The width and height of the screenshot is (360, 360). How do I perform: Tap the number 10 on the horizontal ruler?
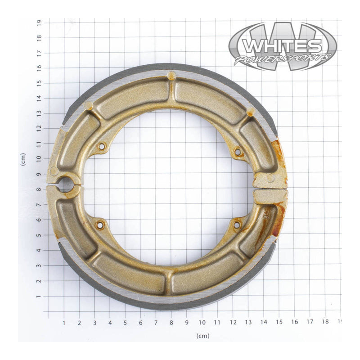(x=202, y=323)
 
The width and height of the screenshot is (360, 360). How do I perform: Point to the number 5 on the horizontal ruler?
(x=125, y=323)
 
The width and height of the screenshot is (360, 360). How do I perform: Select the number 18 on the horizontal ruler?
(x=325, y=322)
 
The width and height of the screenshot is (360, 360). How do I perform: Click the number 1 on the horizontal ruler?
(x=64, y=323)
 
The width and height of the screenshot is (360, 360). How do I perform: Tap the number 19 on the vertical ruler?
(x=40, y=22)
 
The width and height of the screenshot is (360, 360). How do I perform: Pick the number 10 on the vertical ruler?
(x=40, y=158)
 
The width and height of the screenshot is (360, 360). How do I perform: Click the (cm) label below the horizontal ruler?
(x=202, y=336)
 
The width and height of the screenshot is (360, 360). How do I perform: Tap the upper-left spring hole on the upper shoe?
(x=101, y=146)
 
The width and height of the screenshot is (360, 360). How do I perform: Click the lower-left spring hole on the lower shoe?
(x=100, y=224)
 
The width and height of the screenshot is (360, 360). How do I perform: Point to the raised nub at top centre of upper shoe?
(x=171, y=76)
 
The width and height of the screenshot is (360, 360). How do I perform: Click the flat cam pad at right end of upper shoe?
(x=270, y=179)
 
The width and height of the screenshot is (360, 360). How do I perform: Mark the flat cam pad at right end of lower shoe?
(x=270, y=196)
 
